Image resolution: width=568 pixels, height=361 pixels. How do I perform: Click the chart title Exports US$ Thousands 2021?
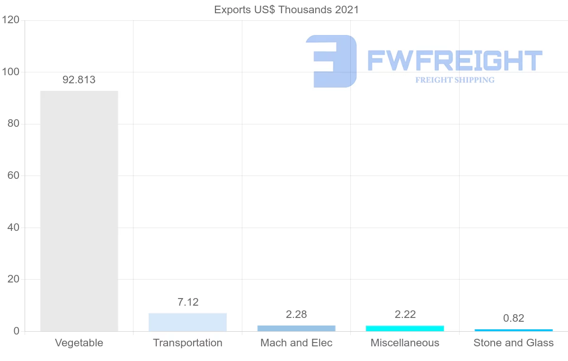(x=286, y=9)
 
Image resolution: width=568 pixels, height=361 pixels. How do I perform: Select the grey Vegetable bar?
(x=79, y=211)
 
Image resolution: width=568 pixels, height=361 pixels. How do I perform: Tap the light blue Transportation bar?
(x=187, y=322)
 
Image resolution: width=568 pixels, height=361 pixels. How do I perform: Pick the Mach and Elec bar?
(x=296, y=328)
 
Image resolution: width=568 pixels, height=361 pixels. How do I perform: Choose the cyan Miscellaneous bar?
(x=405, y=328)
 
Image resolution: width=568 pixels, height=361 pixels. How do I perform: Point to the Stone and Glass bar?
(x=514, y=330)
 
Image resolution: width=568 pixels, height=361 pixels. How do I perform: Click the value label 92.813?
(x=79, y=80)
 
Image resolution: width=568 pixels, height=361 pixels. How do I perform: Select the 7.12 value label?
(x=188, y=302)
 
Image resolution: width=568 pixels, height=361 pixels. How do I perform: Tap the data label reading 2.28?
(x=297, y=314)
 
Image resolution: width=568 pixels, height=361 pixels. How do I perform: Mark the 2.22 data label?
(x=405, y=314)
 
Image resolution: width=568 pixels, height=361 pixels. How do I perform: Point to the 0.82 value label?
(x=514, y=318)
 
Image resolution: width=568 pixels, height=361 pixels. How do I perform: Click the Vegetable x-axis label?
(x=79, y=343)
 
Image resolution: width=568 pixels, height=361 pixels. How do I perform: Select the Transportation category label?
(x=187, y=343)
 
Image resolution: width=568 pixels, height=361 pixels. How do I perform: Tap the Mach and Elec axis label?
(x=296, y=343)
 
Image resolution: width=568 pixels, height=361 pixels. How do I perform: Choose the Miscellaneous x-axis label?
(x=405, y=343)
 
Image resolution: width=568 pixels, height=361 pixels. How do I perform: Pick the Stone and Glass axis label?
(x=514, y=343)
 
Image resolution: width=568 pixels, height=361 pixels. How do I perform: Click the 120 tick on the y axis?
(x=10, y=20)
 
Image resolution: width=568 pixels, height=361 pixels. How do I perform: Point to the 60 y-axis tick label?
(x=13, y=176)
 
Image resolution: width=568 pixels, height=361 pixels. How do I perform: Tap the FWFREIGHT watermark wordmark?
(x=454, y=61)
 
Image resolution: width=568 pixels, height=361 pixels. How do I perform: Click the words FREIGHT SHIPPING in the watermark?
(x=455, y=80)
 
